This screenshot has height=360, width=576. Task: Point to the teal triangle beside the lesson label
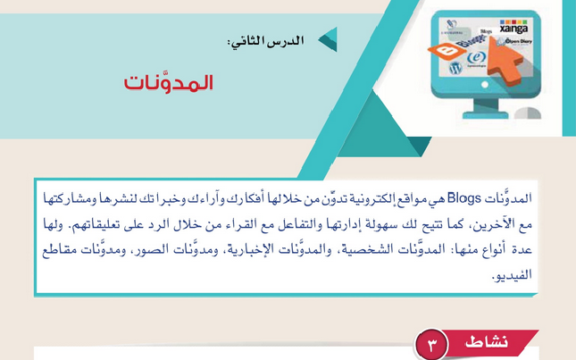[328, 40]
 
